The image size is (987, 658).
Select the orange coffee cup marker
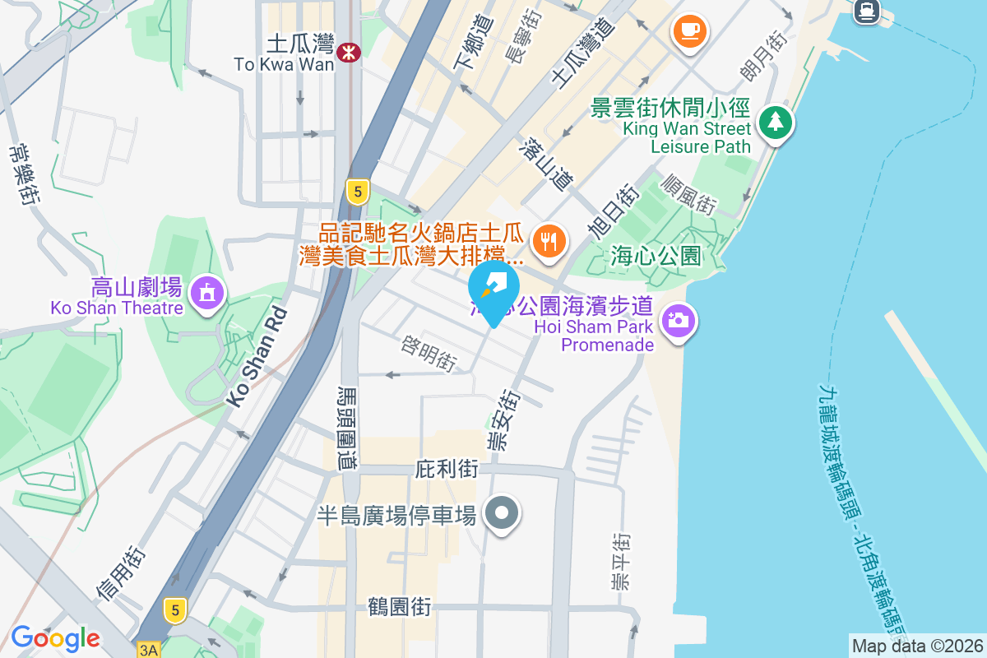click(689, 32)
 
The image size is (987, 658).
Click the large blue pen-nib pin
click(493, 289)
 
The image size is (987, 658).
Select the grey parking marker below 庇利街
click(502, 514)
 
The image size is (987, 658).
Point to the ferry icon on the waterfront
click(865, 11)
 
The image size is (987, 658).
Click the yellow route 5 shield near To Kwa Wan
click(355, 192)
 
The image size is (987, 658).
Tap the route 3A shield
click(148, 650)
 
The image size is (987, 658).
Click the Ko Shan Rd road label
click(258, 356)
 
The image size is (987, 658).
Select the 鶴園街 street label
click(399, 607)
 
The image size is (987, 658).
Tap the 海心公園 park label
click(656, 257)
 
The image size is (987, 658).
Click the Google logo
click(55, 638)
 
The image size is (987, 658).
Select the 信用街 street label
click(121, 573)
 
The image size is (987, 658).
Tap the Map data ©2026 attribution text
click(918, 646)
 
